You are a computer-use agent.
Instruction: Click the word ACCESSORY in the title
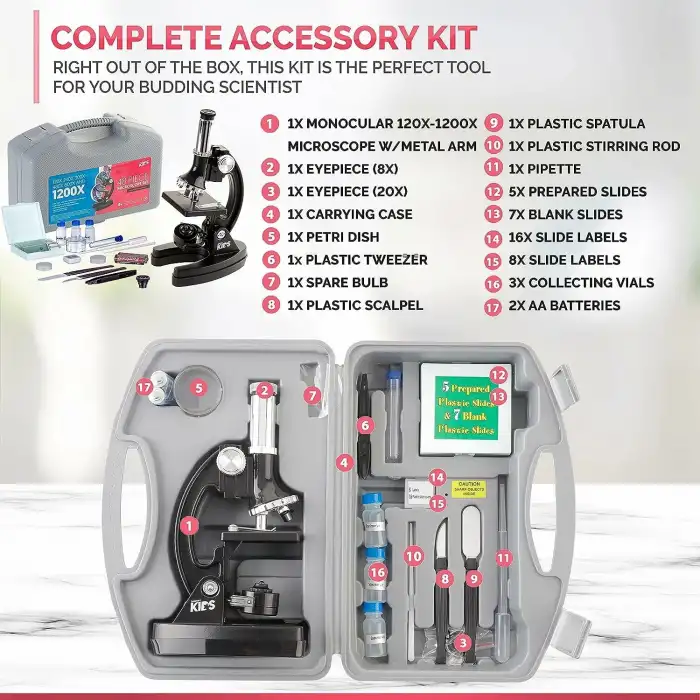(x=313, y=37)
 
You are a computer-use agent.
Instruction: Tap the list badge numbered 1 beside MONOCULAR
(x=268, y=125)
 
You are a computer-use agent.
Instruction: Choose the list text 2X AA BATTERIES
(x=564, y=305)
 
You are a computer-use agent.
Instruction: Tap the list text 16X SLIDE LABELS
(x=567, y=237)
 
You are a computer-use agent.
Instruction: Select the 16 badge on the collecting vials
(x=376, y=571)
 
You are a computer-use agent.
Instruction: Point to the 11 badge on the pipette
(x=504, y=556)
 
